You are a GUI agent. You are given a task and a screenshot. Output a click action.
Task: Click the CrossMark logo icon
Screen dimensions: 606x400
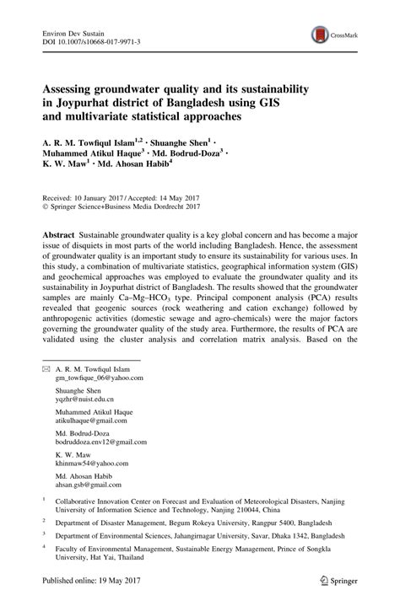pyautogui.click(x=321, y=35)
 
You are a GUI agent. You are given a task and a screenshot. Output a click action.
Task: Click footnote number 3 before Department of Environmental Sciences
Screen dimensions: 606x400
pyautogui.click(x=44, y=556)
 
